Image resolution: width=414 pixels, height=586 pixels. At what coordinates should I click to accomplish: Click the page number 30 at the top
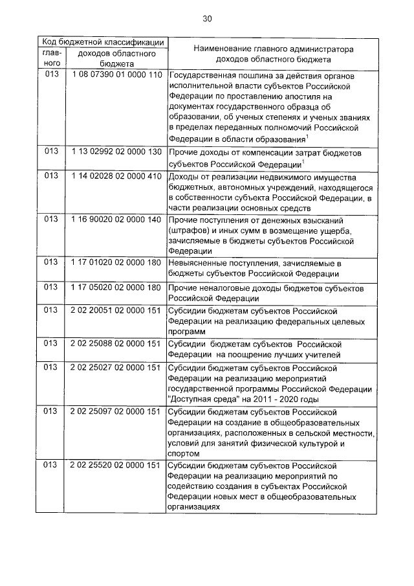coord(207,19)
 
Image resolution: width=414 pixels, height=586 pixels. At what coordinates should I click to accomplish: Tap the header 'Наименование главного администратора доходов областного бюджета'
coord(271,53)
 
